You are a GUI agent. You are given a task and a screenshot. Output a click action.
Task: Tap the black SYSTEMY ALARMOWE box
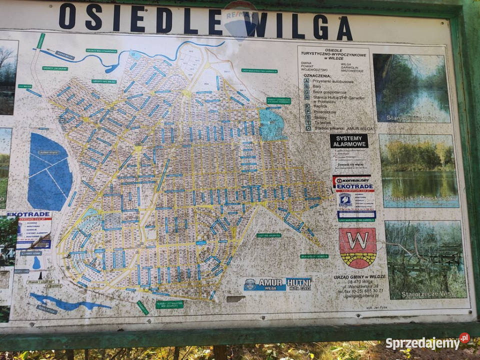[348, 141]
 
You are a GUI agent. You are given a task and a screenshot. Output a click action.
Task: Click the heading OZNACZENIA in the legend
[317, 75]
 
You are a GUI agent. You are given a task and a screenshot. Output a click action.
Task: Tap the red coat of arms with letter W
[357, 247]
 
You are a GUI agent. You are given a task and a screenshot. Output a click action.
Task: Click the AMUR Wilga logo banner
[264, 284]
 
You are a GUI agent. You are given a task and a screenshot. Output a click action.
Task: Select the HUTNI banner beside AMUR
[299, 283]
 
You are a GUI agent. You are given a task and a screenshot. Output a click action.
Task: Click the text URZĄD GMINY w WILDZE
[360, 277]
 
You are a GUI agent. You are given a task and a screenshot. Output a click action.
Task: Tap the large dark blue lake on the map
[49, 170]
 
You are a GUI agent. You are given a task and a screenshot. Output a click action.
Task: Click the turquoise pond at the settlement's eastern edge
[271, 124]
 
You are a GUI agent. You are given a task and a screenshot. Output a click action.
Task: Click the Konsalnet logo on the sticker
[351, 179]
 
